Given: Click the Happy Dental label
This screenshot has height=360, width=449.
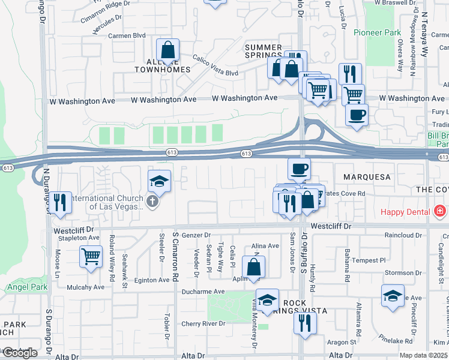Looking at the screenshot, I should (406, 212).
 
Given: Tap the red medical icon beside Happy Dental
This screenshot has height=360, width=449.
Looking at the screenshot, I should (440, 211).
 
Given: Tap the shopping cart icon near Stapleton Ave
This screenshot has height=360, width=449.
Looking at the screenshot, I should (91, 257).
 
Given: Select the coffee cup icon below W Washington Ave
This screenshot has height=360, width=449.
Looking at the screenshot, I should (357, 114).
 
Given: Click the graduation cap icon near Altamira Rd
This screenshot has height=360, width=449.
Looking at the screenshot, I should (393, 296).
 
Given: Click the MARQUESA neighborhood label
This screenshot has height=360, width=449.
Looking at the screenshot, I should (367, 177).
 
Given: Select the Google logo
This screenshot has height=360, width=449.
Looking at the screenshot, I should (19, 353).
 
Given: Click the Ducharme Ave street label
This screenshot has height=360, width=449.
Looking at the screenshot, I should (204, 292).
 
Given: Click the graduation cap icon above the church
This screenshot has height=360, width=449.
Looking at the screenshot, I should (160, 180).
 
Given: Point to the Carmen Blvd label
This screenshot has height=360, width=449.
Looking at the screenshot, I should (127, 36).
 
